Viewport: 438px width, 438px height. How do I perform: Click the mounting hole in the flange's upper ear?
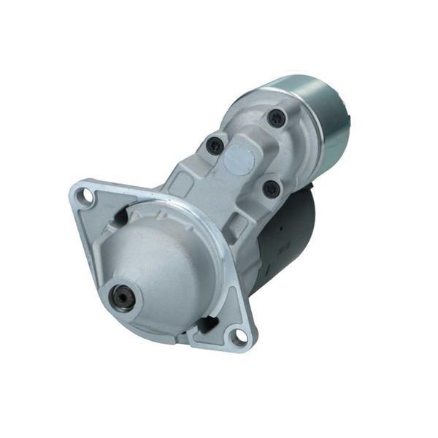[x=87, y=195]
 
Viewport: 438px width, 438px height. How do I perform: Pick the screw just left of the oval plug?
[x=215, y=145]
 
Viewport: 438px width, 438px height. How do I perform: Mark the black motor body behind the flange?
[x=288, y=234]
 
